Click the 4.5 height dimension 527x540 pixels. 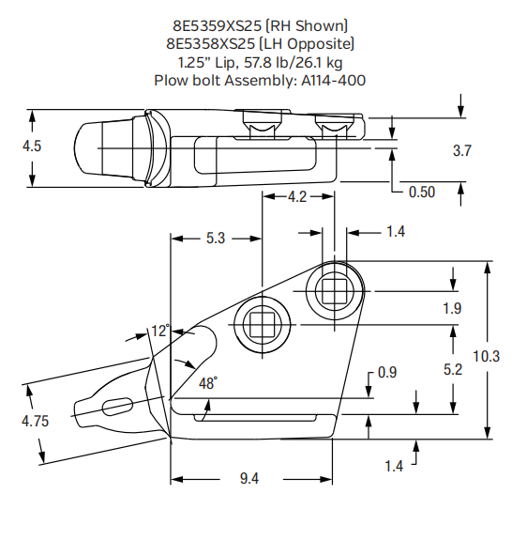coord(32,147)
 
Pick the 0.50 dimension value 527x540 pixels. coord(422,192)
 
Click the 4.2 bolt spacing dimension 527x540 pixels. coord(295,197)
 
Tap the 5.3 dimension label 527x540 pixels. coord(215,239)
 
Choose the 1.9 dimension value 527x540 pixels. coord(452,308)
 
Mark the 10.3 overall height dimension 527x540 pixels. coord(487,356)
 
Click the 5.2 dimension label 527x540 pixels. coord(452,370)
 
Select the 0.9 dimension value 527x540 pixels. coord(386,373)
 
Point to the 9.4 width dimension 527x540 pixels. coord(249,479)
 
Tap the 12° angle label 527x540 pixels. coord(160,331)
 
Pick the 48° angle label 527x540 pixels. coord(208,383)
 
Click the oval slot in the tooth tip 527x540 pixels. coord(116,405)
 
